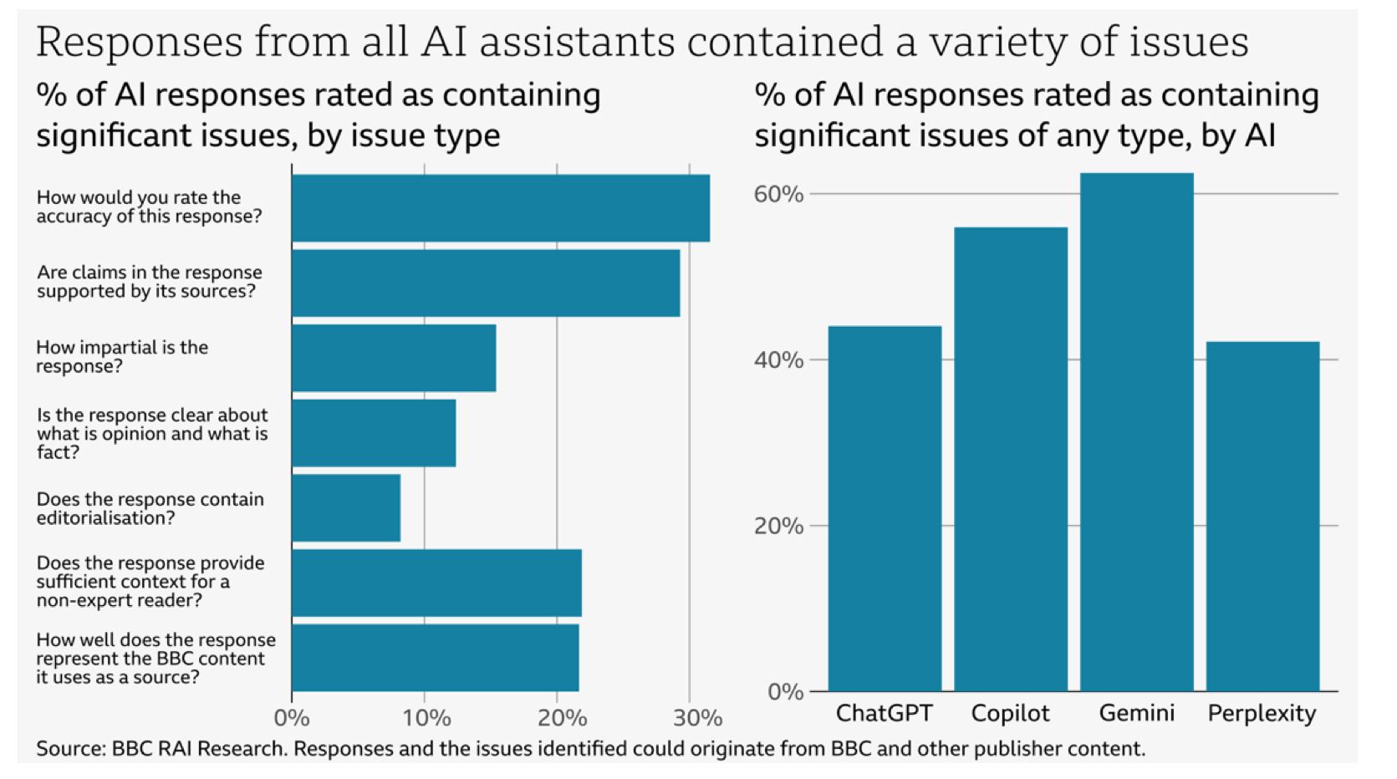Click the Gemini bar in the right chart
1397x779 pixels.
pos(1136,431)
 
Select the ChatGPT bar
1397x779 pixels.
pos(885,508)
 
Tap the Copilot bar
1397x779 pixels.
pos(1010,459)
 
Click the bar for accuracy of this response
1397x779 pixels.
pos(500,208)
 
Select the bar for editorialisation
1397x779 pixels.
pos(346,508)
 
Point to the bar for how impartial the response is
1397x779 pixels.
pos(394,358)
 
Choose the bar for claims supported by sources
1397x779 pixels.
pos(486,283)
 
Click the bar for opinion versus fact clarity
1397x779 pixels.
pos(374,433)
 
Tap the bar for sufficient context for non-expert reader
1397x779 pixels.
pos(436,583)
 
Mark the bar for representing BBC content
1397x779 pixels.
pos(435,658)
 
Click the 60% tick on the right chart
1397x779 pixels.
pos(778,194)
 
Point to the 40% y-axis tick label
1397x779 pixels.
pos(778,360)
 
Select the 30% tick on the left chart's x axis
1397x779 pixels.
pos(697,718)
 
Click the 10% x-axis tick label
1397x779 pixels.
pos(426,718)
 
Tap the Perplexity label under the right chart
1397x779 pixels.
pos(1262,713)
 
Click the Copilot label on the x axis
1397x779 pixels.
pos(1010,713)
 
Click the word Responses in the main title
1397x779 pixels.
pos(137,42)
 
